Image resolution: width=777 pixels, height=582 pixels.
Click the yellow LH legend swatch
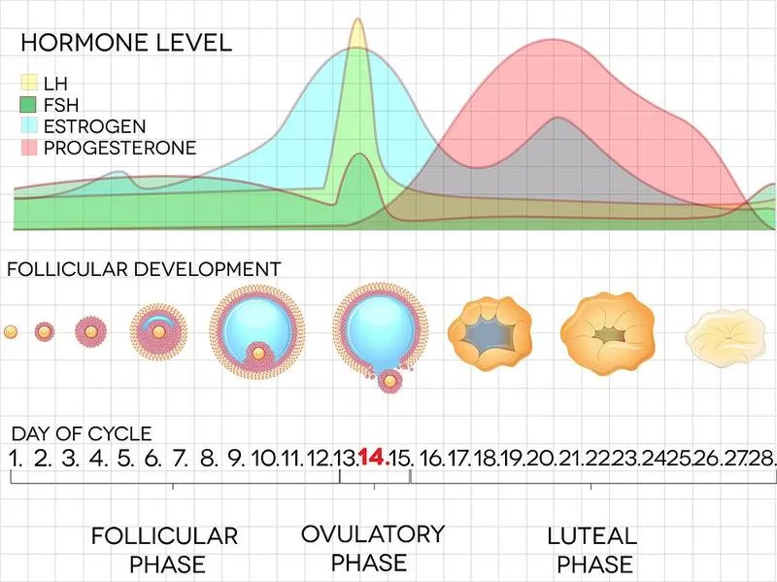pyautogui.click(x=28, y=83)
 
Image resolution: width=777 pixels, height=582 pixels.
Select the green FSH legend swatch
pyautogui.click(x=28, y=104)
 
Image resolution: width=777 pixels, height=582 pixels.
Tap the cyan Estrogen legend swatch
pyautogui.click(x=28, y=126)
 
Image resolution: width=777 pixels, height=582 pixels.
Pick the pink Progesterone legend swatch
pyautogui.click(x=28, y=148)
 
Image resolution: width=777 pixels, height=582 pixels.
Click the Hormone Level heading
pyautogui.click(x=126, y=43)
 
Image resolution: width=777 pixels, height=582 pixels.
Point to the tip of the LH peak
pyautogui.click(x=359, y=20)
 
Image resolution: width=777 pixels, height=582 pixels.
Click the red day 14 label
pyautogui.click(x=374, y=457)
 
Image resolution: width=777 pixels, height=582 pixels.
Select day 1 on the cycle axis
pyautogui.click(x=17, y=457)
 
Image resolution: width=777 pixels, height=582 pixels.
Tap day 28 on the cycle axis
pyautogui.click(x=762, y=457)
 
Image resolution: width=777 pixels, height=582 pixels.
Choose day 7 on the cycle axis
pyautogui.click(x=181, y=457)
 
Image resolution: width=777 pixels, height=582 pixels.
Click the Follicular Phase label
pyautogui.click(x=164, y=549)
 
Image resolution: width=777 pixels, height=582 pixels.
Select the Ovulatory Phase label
pyautogui.click(x=372, y=547)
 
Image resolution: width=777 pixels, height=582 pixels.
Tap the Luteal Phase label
pyautogui.click(x=591, y=549)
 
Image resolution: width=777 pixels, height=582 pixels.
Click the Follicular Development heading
pyautogui.click(x=144, y=269)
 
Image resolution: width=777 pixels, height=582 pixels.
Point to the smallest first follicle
pyautogui.click(x=11, y=332)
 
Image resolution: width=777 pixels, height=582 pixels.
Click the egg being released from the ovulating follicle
pyautogui.click(x=390, y=382)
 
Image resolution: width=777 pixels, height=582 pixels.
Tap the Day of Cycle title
pyautogui.click(x=82, y=434)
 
